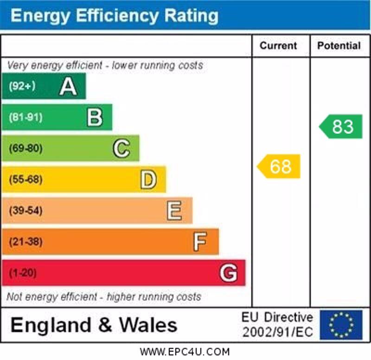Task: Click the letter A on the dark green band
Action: (x=68, y=86)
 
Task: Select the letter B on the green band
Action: (x=95, y=117)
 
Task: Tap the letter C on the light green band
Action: (x=122, y=148)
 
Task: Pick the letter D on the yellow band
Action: (x=148, y=180)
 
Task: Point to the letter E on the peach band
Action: (x=174, y=211)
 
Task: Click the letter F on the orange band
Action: (x=200, y=242)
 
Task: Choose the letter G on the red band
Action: (x=228, y=273)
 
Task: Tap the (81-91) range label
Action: (x=26, y=117)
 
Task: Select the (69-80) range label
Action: (x=26, y=148)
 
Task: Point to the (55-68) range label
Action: (x=26, y=180)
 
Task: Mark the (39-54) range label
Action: (x=26, y=211)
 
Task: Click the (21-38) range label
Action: (x=26, y=242)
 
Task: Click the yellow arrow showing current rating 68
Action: (x=279, y=167)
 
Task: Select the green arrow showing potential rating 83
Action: (x=341, y=127)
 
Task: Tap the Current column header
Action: (x=278, y=45)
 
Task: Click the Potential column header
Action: (x=339, y=45)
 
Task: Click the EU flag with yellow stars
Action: (x=341, y=324)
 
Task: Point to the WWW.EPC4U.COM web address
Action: (x=185, y=352)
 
